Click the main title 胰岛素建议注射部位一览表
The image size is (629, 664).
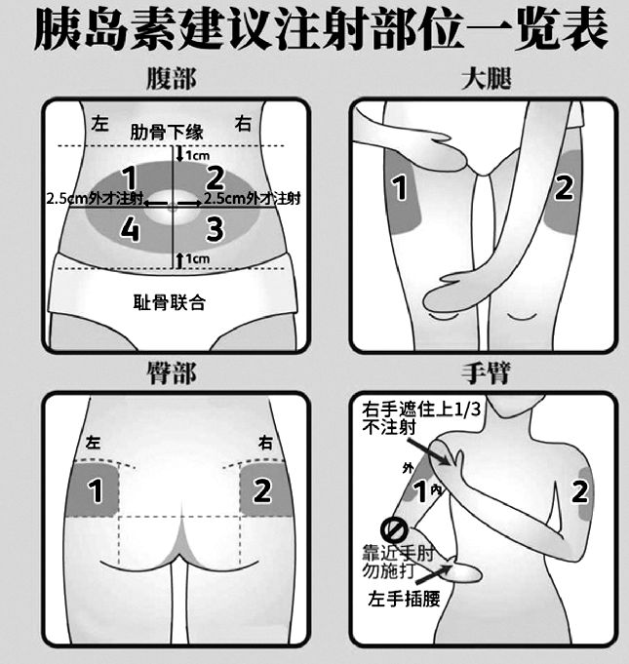tap(314, 31)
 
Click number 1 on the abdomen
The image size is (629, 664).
tap(129, 177)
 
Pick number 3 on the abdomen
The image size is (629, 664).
tap(215, 228)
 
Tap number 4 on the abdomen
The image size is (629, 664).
tap(129, 228)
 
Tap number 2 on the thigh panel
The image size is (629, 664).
tap(564, 188)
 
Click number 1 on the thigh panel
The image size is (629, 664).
tap(398, 188)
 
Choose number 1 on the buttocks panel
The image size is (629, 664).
tap(96, 491)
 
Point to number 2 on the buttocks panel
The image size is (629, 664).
tap(261, 491)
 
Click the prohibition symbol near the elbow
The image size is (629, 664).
tap(393, 531)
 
